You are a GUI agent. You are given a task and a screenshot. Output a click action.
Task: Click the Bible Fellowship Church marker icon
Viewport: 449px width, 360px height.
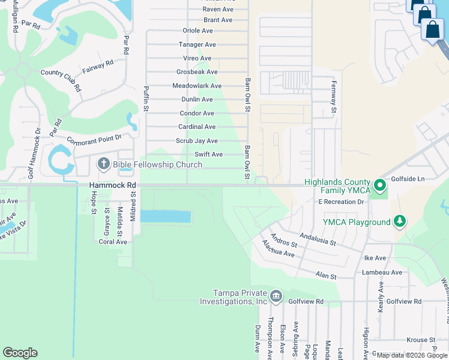coord(104,164)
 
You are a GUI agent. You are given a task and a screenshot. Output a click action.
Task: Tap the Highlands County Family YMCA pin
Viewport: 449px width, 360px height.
coord(379,185)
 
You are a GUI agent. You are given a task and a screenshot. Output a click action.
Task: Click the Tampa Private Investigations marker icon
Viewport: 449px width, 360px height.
coord(276,296)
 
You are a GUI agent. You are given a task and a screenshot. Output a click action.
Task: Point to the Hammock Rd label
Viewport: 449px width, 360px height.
coord(113,186)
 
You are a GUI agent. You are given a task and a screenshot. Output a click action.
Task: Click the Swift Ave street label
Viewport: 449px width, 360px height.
coord(208,154)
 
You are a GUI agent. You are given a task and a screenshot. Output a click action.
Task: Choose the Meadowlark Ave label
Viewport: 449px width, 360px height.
coord(197,86)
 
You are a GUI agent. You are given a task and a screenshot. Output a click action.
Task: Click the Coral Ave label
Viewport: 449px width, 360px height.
coord(113,242)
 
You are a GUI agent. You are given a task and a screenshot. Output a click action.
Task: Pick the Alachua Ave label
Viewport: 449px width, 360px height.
coord(278,249)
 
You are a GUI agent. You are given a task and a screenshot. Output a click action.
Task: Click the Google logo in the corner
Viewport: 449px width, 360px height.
coord(20,353)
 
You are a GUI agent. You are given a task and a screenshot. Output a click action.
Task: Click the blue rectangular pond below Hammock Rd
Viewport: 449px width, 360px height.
coord(166,216)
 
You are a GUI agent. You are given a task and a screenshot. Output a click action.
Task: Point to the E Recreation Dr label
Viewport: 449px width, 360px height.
coord(342,202)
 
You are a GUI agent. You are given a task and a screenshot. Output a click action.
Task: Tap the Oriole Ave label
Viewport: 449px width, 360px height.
coord(197,31)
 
